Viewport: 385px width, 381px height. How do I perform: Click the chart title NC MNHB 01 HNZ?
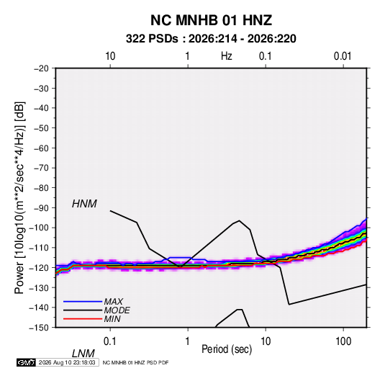211,20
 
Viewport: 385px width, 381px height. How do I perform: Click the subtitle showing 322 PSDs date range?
211,39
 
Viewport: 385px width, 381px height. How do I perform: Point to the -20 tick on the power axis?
41,68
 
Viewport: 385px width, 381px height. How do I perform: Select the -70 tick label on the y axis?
41,168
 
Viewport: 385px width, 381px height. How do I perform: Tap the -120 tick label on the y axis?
39,267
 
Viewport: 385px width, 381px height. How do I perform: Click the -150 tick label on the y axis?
39,328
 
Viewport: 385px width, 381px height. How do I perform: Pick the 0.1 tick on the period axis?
110,341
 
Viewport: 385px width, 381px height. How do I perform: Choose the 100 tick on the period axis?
343,341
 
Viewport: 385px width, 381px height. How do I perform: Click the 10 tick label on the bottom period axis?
266,341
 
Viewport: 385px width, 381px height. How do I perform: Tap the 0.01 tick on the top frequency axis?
343,56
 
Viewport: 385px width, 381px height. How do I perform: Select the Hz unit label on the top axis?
227,56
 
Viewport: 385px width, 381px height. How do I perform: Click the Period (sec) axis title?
227,349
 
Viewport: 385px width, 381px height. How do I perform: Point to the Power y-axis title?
19,198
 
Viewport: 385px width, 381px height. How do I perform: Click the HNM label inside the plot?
84,204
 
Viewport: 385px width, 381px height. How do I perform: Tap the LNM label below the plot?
83,354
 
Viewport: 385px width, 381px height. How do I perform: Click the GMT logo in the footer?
27,362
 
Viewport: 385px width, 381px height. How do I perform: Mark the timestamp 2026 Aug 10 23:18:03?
67,362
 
